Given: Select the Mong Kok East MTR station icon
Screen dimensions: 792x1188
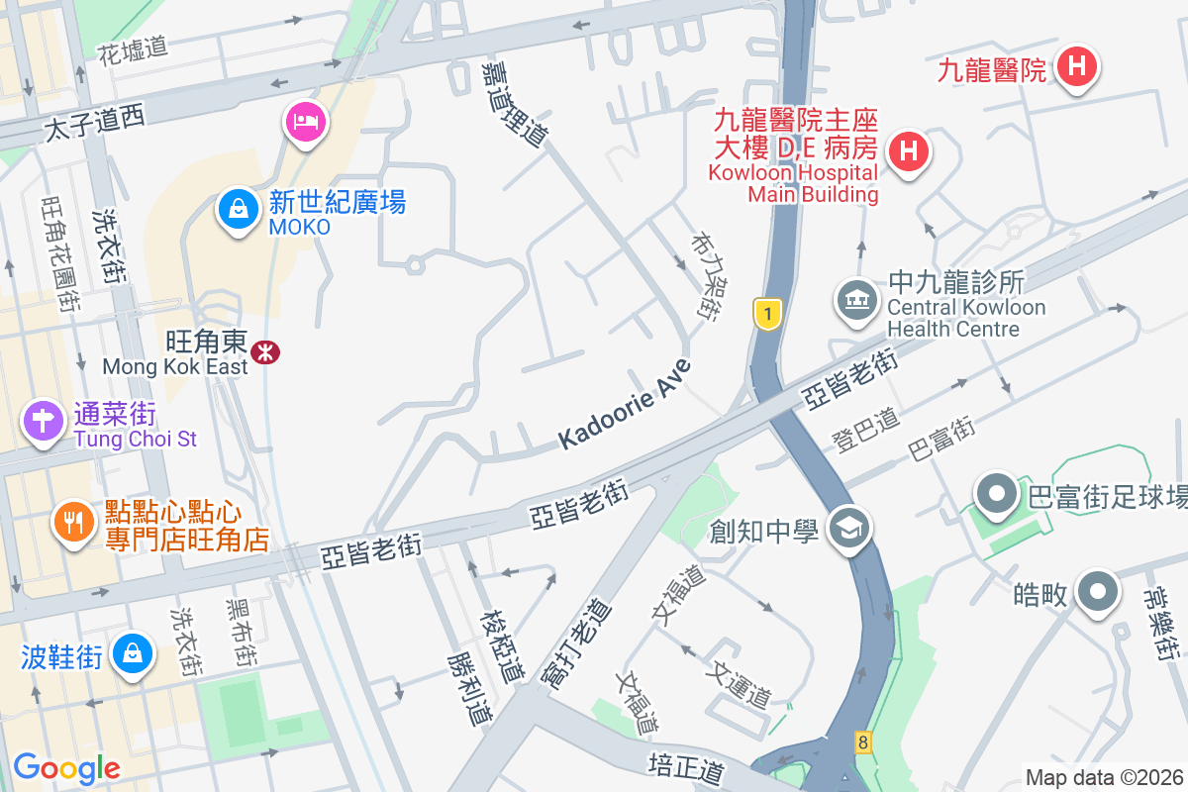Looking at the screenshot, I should (264, 351).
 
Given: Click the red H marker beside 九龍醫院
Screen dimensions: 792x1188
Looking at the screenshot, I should (1076, 68).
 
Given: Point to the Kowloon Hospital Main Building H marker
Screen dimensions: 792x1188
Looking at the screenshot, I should (907, 151).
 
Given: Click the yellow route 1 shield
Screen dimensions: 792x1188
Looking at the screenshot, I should (767, 315).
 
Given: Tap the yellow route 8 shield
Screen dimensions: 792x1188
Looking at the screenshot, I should (863, 742).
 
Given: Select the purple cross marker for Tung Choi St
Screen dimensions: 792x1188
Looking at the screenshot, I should (44, 421).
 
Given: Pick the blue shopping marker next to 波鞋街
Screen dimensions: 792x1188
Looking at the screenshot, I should (131, 653).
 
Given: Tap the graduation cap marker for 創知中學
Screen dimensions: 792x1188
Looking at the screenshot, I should (848, 529).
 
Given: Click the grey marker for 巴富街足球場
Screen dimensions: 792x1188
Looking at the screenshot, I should (996, 493).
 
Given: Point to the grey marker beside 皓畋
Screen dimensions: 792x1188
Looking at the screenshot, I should (1097, 592).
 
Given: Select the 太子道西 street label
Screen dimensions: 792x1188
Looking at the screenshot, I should (95, 123).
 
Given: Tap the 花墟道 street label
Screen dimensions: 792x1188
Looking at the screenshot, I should (133, 51).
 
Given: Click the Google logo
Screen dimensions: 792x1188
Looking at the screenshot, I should (66, 767).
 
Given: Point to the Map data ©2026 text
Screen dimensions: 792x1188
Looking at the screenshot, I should (1103, 777).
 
